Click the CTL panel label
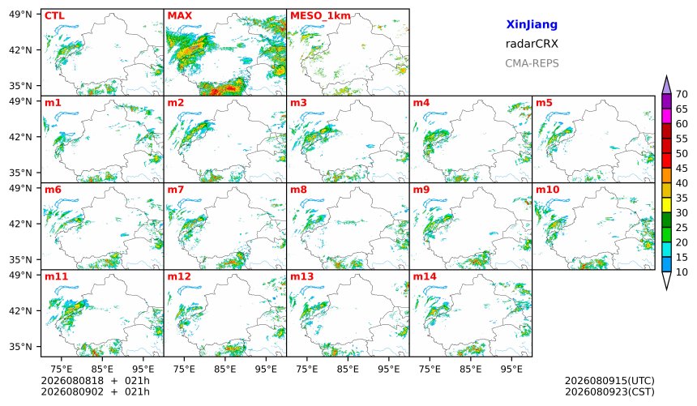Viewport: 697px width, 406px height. tap(54, 16)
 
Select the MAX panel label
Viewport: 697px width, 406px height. tap(180, 16)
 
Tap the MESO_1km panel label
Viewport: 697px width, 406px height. tap(320, 16)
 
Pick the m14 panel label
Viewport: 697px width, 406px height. tap(425, 276)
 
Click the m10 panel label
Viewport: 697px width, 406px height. tap(548, 190)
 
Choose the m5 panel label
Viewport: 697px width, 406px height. tap(544, 103)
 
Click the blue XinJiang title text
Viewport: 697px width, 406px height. tap(532, 24)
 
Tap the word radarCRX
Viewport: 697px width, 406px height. tap(532, 44)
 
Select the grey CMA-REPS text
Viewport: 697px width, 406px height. tap(532, 63)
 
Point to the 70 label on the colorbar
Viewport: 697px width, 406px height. tap(682, 94)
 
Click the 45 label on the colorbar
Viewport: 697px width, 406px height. tap(682, 169)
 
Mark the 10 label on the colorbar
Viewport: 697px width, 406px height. tap(682, 272)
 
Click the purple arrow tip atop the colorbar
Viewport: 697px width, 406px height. tap(666, 76)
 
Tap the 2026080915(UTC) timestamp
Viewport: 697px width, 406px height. tap(609, 381)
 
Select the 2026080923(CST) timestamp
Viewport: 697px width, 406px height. tap(609, 391)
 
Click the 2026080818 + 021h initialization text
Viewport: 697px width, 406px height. tap(95, 381)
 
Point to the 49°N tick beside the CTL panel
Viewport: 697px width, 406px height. tap(20, 15)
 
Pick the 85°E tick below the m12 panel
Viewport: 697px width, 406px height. tap(225, 369)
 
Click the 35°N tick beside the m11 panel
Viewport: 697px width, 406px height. tap(20, 346)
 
